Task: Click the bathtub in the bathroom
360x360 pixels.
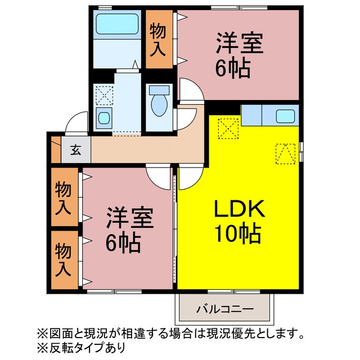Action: (x=117, y=24)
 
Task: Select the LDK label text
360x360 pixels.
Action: (x=240, y=208)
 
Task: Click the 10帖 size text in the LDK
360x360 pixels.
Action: (x=238, y=234)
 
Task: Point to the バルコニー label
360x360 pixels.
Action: (x=224, y=309)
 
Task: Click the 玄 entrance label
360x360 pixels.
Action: (x=76, y=150)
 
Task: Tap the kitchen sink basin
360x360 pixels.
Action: (x=285, y=116)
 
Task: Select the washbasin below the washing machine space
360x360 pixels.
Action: (x=104, y=118)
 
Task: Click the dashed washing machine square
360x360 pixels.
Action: (x=104, y=96)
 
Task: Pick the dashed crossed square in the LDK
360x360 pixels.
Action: (x=228, y=129)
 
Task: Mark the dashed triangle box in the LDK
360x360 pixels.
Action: (x=285, y=154)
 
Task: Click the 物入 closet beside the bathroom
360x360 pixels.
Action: (x=159, y=39)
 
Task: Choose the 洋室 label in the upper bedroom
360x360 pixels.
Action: (x=239, y=43)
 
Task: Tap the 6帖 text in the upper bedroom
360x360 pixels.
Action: (x=233, y=68)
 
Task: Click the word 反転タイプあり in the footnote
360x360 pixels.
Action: (x=87, y=347)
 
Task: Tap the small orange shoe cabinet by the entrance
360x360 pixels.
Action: (x=56, y=150)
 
